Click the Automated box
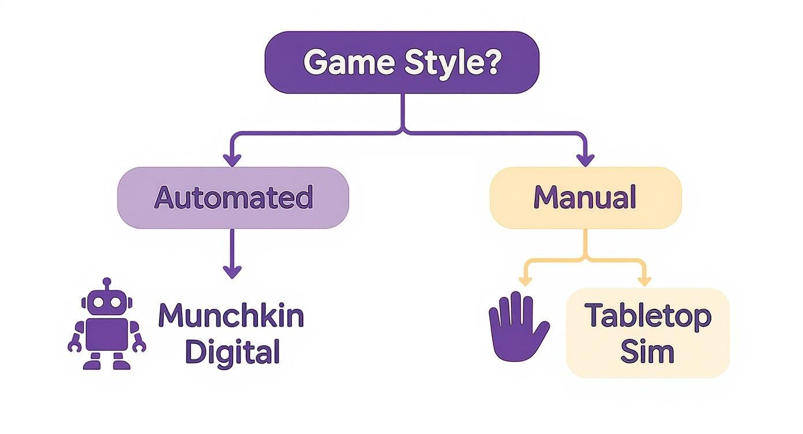233,197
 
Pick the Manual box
585,197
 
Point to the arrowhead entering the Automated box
232,160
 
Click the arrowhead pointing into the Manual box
586,160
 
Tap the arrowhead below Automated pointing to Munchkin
232,271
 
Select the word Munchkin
231,316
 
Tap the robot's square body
107,334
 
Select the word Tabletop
647,316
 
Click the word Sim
647,351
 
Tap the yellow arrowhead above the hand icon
525,280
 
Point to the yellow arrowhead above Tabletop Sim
644,280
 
